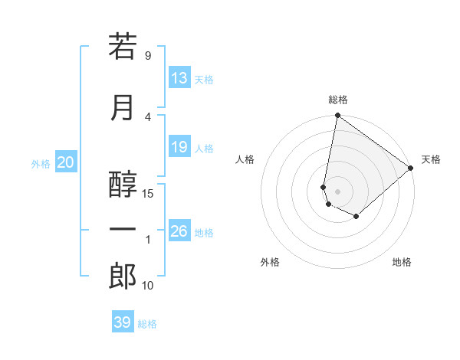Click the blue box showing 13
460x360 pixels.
pyautogui.click(x=179, y=78)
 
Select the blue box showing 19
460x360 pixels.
pyautogui.click(x=179, y=147)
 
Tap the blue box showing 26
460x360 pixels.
pyautogui.click(x=179, y=231)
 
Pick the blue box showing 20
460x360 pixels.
pyautogui.click(x=66, y=162)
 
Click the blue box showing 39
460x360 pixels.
pyautogui.click(x=123, y=322)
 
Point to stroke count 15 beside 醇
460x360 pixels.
pyautogui.click(x=148, y=193)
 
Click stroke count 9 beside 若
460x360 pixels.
pyautogui.click(x=148, y=56)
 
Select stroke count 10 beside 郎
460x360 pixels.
pyautogui.click(x=148, y=286)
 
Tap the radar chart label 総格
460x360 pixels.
pyautogui.click(x=338, y=100)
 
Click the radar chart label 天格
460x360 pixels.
pyautogui.click(x=431, y=159)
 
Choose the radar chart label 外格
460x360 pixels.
pyautogui.click(x=270, y=262)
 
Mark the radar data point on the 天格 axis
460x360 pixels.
pyautogui.click(x=411, y=168)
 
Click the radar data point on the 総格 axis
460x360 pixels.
pyautogui.click(x=337, y=116)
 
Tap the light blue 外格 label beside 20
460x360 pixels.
pyautogui.click(x=41, y=163)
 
